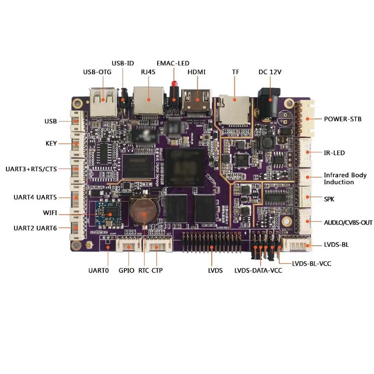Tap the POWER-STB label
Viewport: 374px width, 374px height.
(343, 119)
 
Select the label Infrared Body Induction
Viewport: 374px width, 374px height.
(345, 179)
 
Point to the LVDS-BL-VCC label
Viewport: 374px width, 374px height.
(311, 264)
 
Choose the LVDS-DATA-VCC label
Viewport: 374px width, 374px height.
(259, 271)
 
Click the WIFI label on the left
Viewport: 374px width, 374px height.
(50, 213)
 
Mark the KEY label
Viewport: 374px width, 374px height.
(51, 144)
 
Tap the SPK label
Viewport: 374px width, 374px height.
(330, 199)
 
